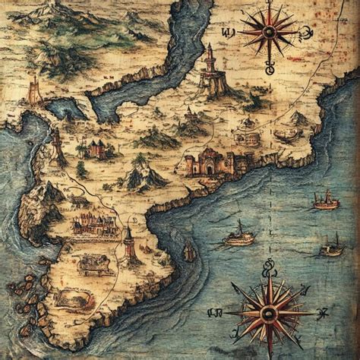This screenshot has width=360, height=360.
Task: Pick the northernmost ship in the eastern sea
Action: point(327,199)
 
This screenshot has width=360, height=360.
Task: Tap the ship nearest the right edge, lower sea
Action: point(332,245)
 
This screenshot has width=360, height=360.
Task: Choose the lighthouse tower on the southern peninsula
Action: point(130,245)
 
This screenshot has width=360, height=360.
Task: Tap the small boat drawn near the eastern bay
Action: point(284,136)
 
